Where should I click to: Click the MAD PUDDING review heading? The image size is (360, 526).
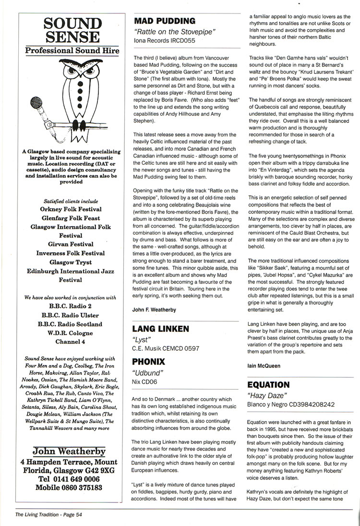coord(165,21)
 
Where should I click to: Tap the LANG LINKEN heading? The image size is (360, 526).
coord(161,329)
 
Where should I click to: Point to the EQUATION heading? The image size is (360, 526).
coord(268,385)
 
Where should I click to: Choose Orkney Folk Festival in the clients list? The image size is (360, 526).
coord(71,209)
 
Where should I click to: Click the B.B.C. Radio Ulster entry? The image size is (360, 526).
coord(71,315)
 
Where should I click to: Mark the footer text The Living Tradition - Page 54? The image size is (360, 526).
coord(48,514)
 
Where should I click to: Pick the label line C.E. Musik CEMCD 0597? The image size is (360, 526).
coord(165,348)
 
